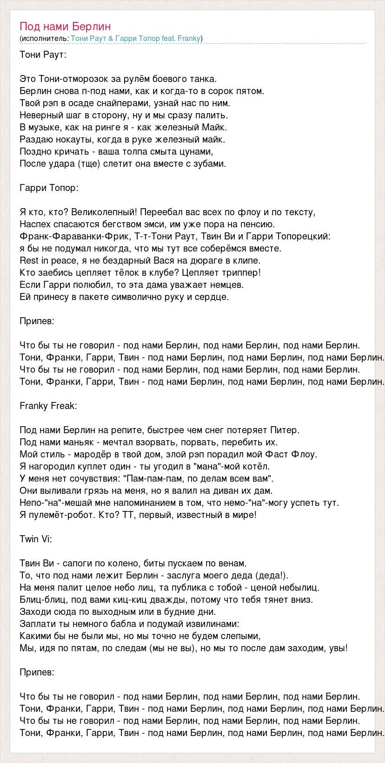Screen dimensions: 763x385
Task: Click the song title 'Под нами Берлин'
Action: point(66,27)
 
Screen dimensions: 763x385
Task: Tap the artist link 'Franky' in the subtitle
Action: point(189,38)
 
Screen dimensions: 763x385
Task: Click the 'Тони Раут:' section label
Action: point(43,54)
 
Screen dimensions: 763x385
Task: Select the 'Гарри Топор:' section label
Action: point(49,188)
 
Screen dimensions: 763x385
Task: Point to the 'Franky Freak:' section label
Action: point(48,406)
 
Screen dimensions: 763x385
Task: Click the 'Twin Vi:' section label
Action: point(36,539)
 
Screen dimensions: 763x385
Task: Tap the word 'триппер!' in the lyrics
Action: point(244,272)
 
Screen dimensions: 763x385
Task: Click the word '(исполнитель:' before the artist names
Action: point(45,38)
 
